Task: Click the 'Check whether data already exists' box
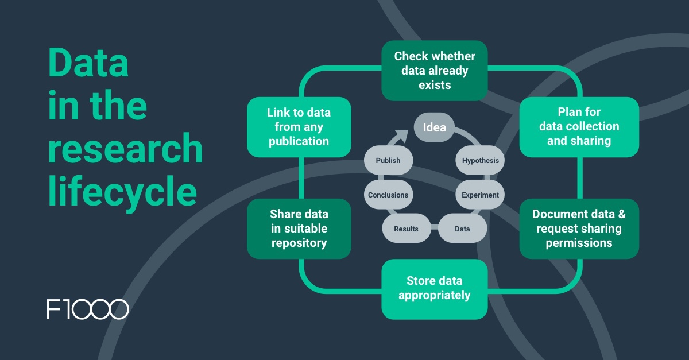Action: (x=435, y=71)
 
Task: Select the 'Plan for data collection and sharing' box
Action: (x=579, y=126)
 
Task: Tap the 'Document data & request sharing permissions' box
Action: (x=579, y=229)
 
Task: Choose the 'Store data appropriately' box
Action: (x=435, y=289)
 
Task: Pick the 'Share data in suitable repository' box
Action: (x=299, y=229)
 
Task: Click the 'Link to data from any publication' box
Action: (x=299, y=126)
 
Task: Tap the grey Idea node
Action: (x=434, y=127)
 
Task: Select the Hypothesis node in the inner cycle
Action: (x=481, y=161)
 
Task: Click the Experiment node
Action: (x=481, y=195)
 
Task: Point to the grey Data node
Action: (x=462, y=229)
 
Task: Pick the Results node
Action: (x=406, y=229)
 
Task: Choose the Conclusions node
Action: (x=388, y=195)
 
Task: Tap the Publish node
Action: (x=388, y=161)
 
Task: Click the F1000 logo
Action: (x=88, y=309)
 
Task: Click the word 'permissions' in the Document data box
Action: (x=579, y=243)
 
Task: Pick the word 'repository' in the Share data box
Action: (x=299, y=243)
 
